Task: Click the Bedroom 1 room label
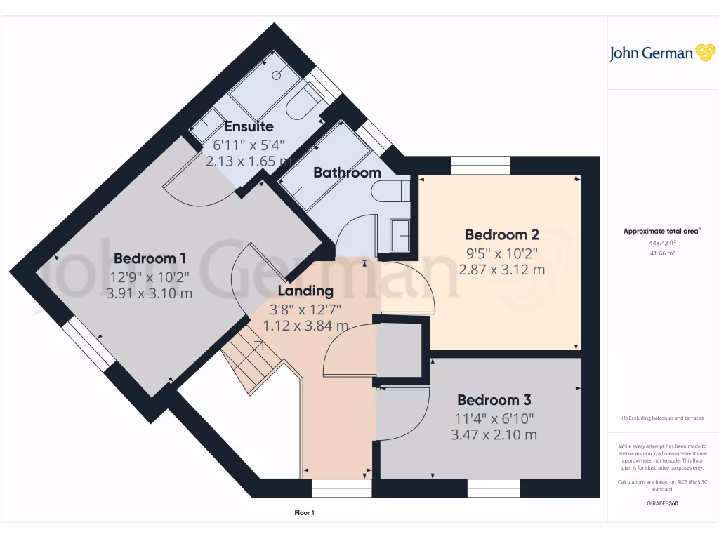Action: coord(150,258)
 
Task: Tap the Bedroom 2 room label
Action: coord(501,234)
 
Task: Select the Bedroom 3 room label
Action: coord(494,400)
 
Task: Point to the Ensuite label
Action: coord(249,127)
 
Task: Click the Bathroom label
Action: coord(347,173)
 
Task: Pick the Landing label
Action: coord(305,291)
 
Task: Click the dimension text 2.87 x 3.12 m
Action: coord(501,269)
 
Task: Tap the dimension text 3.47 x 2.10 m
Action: coord(494,434)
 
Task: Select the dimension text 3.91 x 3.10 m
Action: coord(150,293)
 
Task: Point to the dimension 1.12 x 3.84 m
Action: coord(305,326)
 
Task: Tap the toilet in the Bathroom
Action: coord(390,192)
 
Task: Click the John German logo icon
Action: coord(704,53)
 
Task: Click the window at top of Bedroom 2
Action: coord(480,165)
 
